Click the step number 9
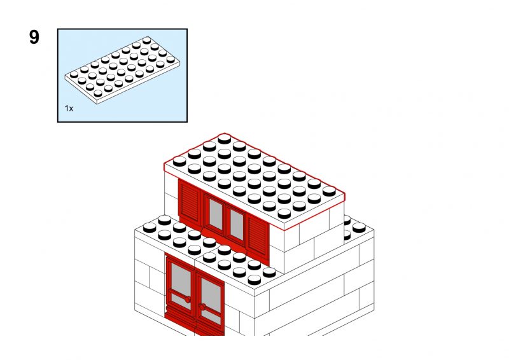pos(34,37)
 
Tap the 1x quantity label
pos(69,108)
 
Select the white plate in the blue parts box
pos(122,69)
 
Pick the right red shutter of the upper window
pos(258,233)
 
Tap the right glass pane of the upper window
pos(237,225)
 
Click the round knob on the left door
pos(187,300)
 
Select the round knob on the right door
pos(202,307)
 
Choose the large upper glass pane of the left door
pos(181,278)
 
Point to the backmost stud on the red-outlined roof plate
pos(225,139)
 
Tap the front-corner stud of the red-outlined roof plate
pos(284,214)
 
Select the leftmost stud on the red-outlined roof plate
pos(179,162)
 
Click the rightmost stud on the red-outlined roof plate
pos(329,191)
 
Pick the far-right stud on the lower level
pos(359,228)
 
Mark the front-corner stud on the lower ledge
pos(254,279)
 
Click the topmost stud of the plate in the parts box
pos(147,40)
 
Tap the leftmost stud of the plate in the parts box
pos(74,74)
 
